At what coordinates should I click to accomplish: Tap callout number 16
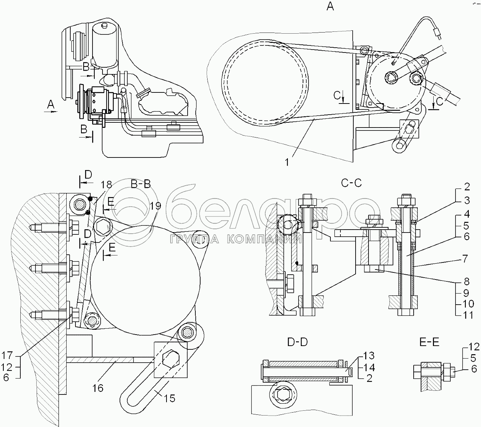pyautogui.click(x=98, y=388)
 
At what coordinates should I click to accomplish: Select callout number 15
pyautogui.click(x=169, y=398)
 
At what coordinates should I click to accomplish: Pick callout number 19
pyautogui.click(x=155, y=206)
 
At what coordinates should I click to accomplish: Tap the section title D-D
pyautogui.click(x=297, y=342)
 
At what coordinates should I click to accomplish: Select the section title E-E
pyautogui.click(x=429, y=342)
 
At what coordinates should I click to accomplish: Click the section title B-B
pyautogui.click(x=141, y=184)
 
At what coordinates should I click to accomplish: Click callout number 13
pyautogui.click(x=369, y=356)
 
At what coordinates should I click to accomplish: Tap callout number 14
pyautogui.click(x=369, y=367)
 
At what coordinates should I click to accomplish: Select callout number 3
pyautogui.click(x=467, y=200)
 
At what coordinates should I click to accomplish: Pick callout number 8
pyautogui.click(x=467, y=281)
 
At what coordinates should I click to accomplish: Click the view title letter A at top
pyautogui.click(x=330, y=6)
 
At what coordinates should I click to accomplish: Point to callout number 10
pyautogui.click(x=467, y=304)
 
